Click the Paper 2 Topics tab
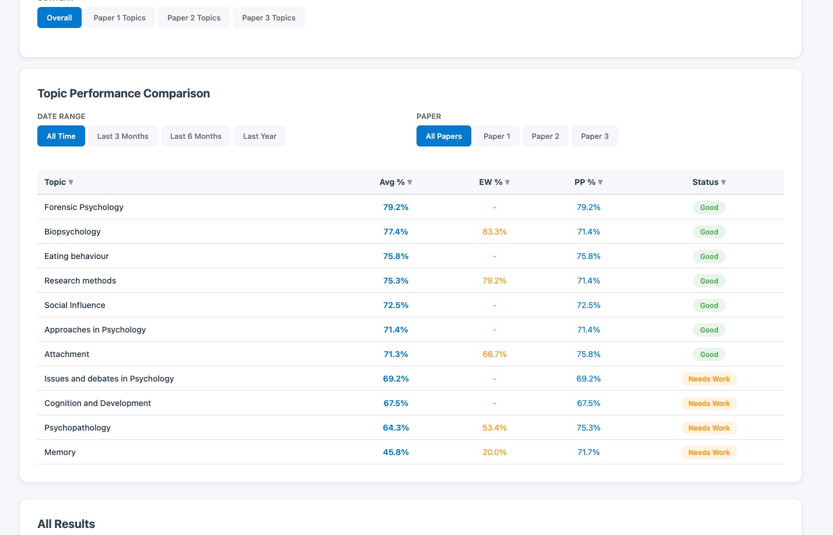pyautogui.click(x=194, y=18)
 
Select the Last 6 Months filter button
pyautogui.click(x=195, y=136)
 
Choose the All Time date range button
pyautogui.click(x=61, y=136)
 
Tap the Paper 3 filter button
pyautogui.click(x=594, y=136)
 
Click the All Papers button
pyautogui.click(x=443, y=136)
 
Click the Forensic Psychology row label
pyautogui.click(x=84, y=207)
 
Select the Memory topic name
pyautogui.click(x=60, y=452)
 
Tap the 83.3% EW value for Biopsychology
pyautogui.click(x=494, y=232)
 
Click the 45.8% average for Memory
pyautogui.click(x=395, y=452)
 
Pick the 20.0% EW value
pyautogui.click(x=494, y=452)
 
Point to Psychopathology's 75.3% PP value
pyautogui.click(x=588, y=428)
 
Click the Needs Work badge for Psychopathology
pyautogui.click(x=709, y=428)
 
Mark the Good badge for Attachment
pyautogui.click(x=709, y=354)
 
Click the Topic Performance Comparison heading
pyautogui.click(x=124, y=93)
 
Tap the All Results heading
pyautogui.click(x=66, y=524)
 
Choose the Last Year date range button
pyautogui.click(x=260, y=136)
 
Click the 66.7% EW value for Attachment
pyautogui.click(x=494, y=354)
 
